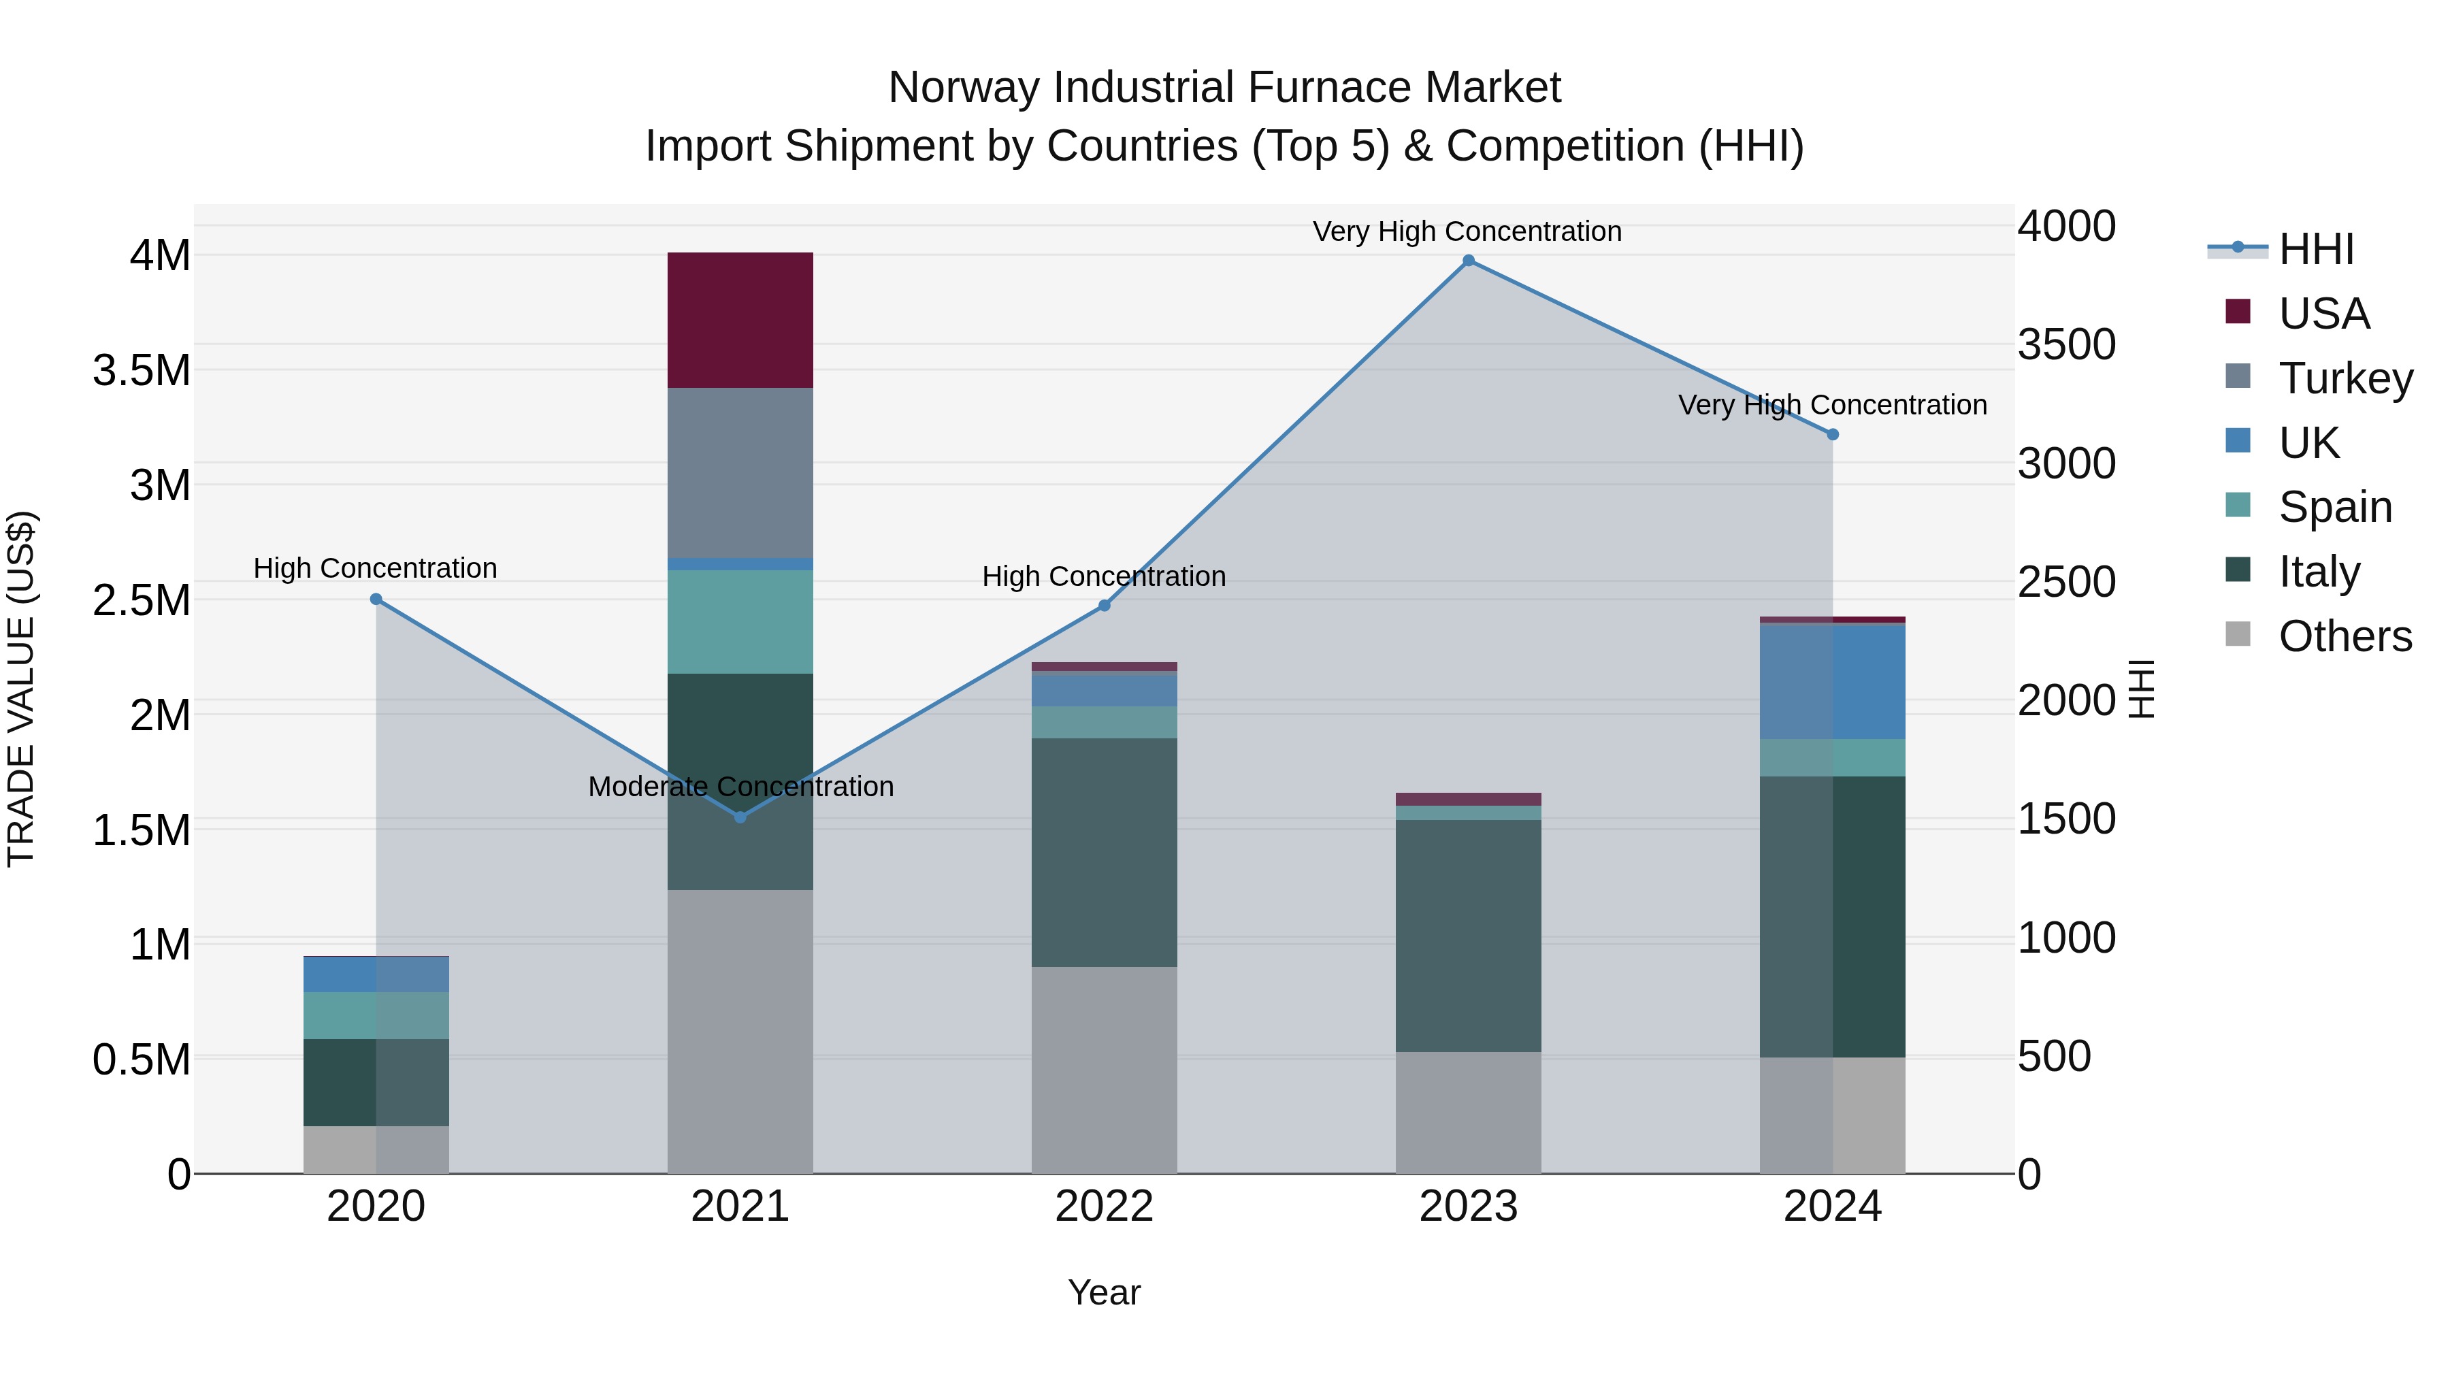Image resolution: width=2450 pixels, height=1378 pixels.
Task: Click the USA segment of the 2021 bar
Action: click(x=740, y=320)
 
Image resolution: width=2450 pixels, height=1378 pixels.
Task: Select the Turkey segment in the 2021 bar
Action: click(x=740, y=473)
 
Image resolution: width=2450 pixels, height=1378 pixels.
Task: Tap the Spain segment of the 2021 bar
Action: click(x=740, y=622)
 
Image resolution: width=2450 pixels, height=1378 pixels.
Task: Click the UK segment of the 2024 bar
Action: click(x=1832, y=682)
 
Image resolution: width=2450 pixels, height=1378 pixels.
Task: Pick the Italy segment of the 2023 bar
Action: click(x=1467, y=935)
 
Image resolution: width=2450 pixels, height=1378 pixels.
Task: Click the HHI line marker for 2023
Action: click(x=1467, y=261)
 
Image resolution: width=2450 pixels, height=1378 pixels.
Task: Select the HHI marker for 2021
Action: click(x=740, y=817)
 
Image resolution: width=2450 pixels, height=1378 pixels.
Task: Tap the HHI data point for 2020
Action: click(x=376, y=599)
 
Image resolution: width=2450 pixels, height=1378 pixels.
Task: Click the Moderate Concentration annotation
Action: click(x=740, y=787)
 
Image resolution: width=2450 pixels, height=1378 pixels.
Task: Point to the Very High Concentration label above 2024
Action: click(x=1832, y=405)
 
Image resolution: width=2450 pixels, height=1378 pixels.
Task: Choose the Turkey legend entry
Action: click(x=2345, y=378)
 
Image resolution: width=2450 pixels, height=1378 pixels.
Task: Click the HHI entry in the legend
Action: click(x=2315, y=249)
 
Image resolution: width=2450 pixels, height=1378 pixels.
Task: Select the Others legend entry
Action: click(x=2345, y=636)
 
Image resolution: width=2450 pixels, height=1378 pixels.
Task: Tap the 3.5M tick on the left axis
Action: click(x=142, y=371)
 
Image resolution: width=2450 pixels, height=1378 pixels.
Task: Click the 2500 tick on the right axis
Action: click(x=2065, y=582)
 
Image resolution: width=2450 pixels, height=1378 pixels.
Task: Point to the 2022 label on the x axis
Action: click(x=1103, y=1207)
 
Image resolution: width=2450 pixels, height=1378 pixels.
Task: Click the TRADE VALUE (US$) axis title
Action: click(x=21, y=689)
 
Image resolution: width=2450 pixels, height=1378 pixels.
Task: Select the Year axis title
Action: click(x=1103, y=1292)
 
